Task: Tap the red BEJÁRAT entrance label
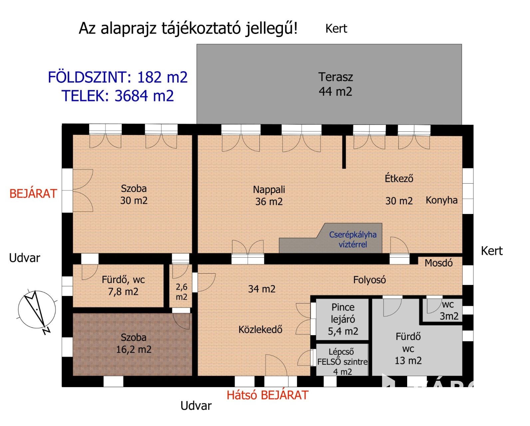(33, 194)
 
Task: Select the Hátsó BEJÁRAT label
(267, 395)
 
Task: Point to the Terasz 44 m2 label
(336, 84)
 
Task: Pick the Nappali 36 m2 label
(269, 196)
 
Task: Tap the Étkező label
(399, 178)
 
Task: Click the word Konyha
(441, 200)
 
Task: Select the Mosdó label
(439, 263)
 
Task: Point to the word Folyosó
(370, 280)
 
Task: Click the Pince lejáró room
(342, 319)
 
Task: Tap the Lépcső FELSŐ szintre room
(342, 360)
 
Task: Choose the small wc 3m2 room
(442, 310)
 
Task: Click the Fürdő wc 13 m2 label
(408, 349)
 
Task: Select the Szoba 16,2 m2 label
(133, 343)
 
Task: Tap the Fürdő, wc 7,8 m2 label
(123, 286)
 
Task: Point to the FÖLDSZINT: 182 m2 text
(118, 77)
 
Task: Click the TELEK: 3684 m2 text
(118, 96)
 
